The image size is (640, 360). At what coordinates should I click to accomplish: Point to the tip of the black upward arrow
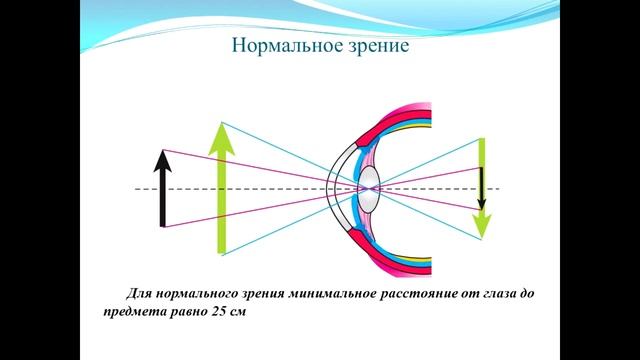[x=163, y=150]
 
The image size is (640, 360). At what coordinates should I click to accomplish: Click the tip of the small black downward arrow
[x=481, y=206]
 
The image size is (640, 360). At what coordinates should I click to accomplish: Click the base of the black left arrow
[x=163, y=226]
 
